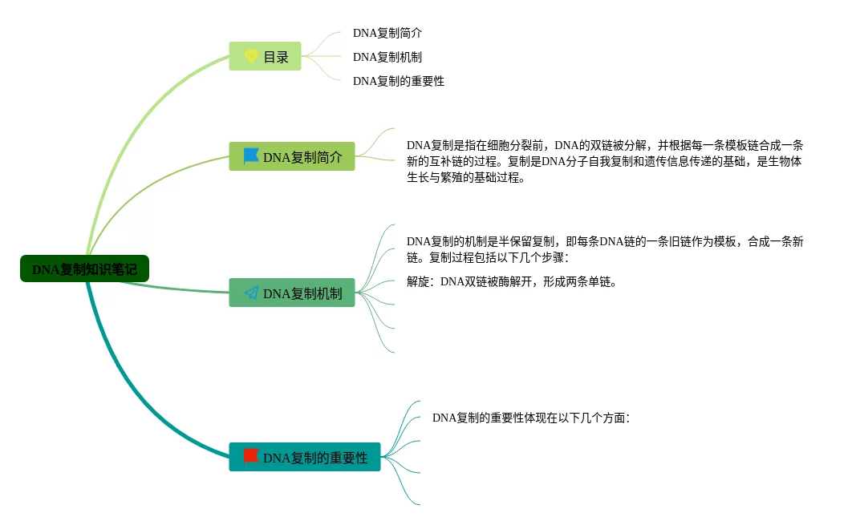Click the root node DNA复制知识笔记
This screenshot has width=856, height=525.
tap(84, 269)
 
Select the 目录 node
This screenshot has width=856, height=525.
tap(265, 57)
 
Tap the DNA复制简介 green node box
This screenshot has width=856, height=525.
tap(292, 157)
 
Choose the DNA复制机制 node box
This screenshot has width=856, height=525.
tap(292, 293)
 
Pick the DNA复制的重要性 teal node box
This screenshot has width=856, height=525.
tap(305, 458)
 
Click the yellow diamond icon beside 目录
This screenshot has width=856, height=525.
tap(251, 57)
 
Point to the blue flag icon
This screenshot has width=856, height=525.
tap(251, 156)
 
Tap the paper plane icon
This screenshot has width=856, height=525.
tap(251, 293)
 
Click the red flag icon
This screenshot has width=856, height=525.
tap(251, 457)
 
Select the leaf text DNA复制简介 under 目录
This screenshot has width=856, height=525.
tap(387, 33)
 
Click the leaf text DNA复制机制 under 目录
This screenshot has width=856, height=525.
tap(387, 57)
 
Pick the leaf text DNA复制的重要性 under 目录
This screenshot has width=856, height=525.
tap(398, 81)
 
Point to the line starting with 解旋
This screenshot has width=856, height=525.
tap(512, 281)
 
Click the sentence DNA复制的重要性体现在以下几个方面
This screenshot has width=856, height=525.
tap(530, 418)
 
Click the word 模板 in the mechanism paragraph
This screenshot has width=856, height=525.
tap(717, 241)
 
